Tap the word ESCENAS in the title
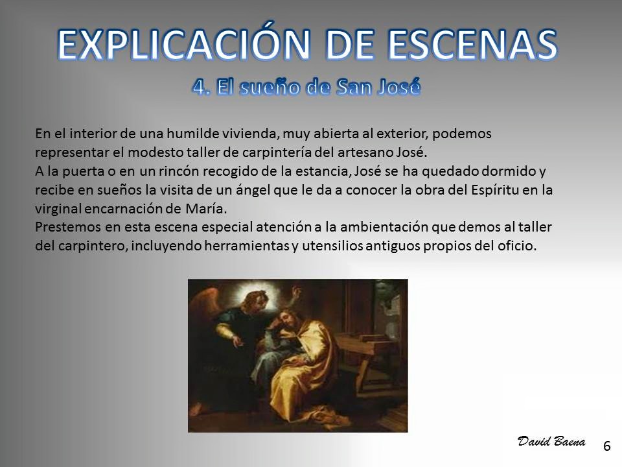click(x=473, y=44)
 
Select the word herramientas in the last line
click(x=247, y=246)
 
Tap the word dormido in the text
click(x=508, y=171)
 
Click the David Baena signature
click(x=551, y=441)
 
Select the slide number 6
click(x=606, y=446)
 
